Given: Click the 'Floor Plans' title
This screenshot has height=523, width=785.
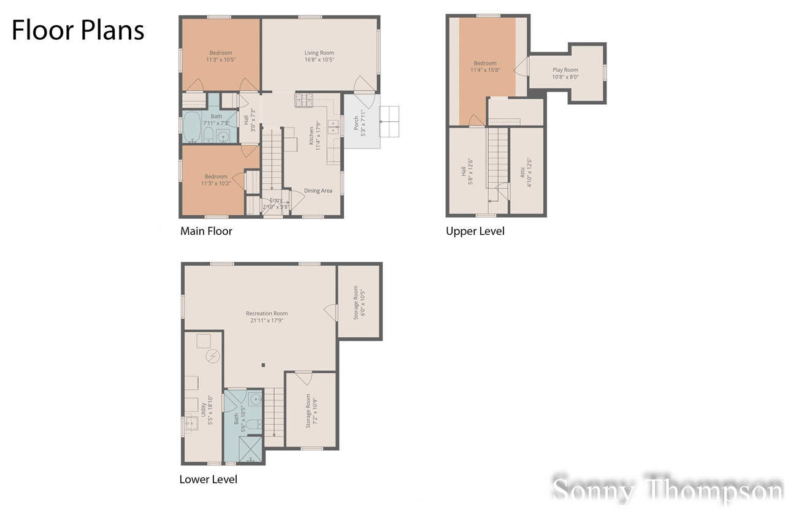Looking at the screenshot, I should [x=78, y=30].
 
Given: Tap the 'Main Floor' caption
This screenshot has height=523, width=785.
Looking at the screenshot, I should [x=206, y=231].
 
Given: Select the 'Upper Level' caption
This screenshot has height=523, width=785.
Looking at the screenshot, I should [x=475, y=231].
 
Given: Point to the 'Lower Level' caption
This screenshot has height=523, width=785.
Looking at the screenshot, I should [x=208, y=479].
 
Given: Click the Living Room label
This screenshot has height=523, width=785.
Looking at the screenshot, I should [x=319, y=56].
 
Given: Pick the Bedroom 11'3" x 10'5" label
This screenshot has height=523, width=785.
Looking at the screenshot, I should [x=221, y=56].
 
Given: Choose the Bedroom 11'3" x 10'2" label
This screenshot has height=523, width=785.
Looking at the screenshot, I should [x=215, y=180].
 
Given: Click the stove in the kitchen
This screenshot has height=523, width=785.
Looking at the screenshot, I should [x=304, y=100].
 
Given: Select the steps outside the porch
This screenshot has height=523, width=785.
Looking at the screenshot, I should [x=389, y=121].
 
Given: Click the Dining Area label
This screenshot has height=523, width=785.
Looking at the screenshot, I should [x=318, y=191].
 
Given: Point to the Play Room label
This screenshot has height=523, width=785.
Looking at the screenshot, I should [x=565, y=74].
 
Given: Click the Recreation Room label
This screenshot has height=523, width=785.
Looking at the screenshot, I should [x=267, y=316].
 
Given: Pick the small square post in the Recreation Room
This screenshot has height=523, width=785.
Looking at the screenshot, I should [x=263, y=365].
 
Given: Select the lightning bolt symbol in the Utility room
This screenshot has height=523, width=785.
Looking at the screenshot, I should [x=213, y=356].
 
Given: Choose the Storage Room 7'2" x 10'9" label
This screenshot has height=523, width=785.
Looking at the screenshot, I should [x=311, y=411].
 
